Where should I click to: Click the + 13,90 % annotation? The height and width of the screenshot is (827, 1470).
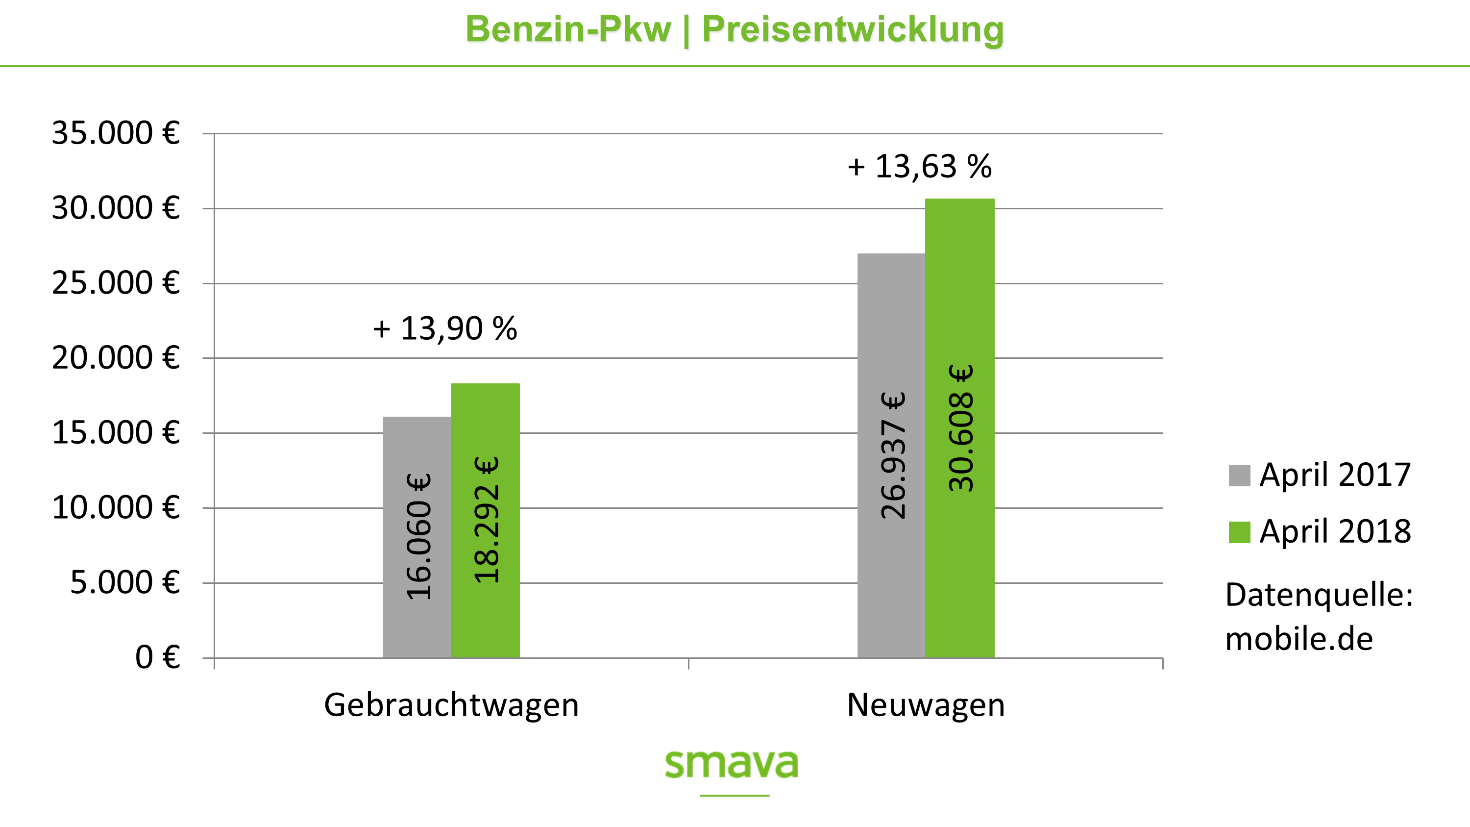click(x=445, y=329)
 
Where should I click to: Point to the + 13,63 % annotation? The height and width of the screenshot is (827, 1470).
click(x=919, y=167)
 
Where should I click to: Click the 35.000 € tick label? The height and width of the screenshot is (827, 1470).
click(x=116, y=133)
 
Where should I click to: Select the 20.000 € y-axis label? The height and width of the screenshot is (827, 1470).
click(x=116, y=358)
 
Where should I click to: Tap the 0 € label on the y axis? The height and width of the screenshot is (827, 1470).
click(x=157, y=657)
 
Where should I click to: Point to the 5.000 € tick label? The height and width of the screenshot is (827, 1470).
click(x=124, y=582)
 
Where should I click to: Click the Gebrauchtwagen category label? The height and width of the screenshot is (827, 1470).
click(x=451, y=705)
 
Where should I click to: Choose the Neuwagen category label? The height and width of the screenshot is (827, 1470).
click(x=926, y=705)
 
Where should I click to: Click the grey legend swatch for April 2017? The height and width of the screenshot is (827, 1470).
click(x=1239, y=476)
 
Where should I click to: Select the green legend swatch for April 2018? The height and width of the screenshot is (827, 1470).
click(x=1239, y=532)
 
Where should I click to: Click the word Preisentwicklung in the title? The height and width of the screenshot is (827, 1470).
click(x=853, y=30)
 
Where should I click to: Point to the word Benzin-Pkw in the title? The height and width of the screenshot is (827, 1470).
click(x=568, y=30)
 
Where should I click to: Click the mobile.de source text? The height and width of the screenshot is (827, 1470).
click(x=1299, y=639)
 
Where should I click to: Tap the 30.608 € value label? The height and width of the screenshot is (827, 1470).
click(x=960, y=428)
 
